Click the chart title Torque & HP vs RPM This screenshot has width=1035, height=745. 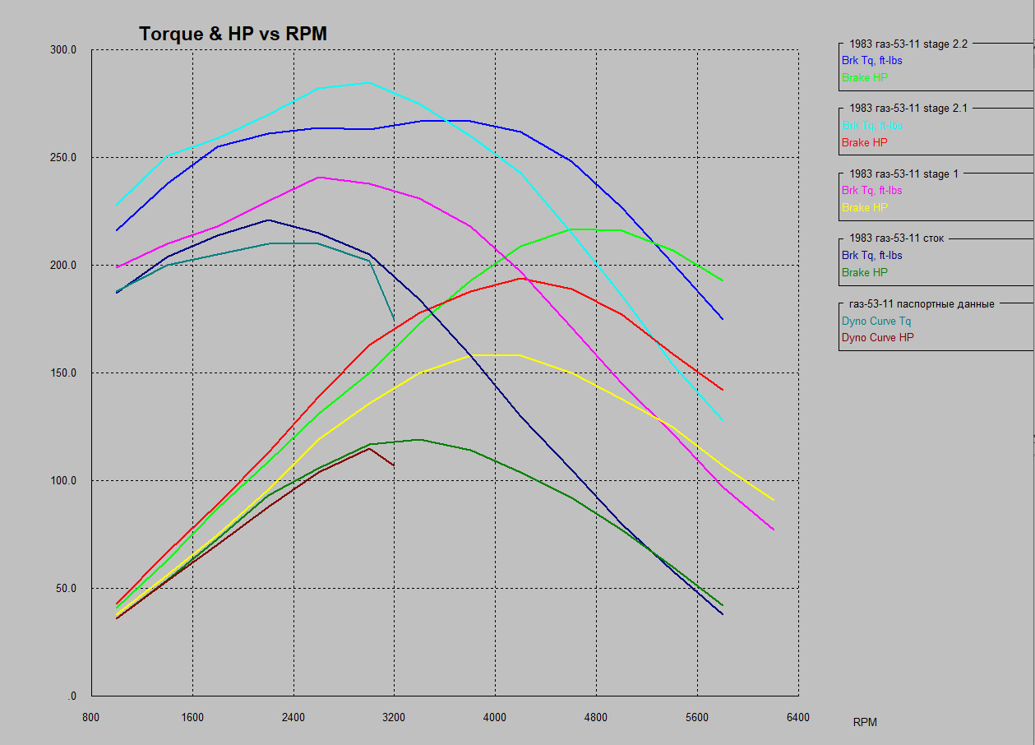click(x=233, y=34)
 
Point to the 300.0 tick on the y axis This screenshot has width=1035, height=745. click(x=63, y=50)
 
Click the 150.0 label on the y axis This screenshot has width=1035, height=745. click(x=63, y=373)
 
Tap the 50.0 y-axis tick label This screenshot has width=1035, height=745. click(x=66, y=589)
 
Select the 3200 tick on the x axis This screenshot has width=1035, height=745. click(x=394, y=718)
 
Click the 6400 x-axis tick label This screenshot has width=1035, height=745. click(x=797, y=718)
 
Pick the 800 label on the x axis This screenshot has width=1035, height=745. click(x=91, y=718)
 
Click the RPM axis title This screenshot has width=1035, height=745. click(x=865, y=723)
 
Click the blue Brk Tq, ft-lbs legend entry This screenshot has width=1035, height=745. click(x=871, y=60)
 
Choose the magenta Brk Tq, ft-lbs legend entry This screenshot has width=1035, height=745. click(x=871, y=191)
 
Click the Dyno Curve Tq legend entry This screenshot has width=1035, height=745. click(x=876, y=322)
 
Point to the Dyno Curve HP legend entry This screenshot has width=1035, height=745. click(x=877, y=338)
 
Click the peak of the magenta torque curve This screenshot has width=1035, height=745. click(x=318, y=178)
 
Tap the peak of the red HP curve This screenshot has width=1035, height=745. click(x=520, y=278)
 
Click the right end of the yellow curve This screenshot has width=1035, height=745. click(x=773, y=500)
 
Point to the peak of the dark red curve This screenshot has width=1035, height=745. click(x=369, y=448)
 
